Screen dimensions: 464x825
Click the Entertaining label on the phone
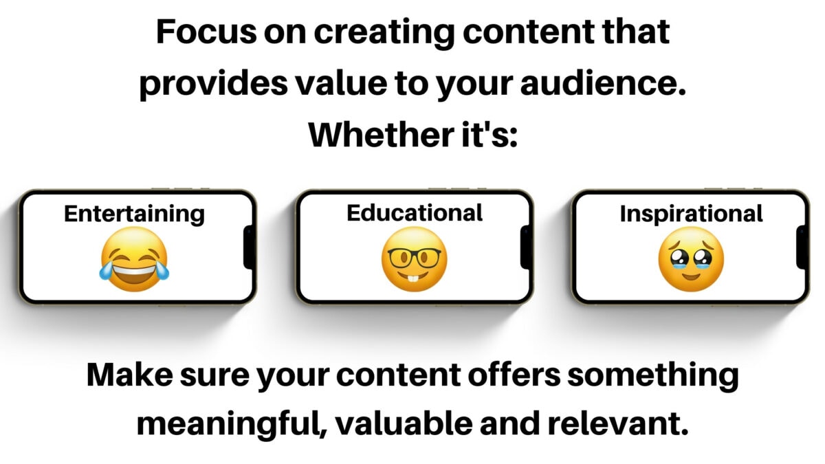click(134, 213)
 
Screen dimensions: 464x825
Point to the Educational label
click(415, 212)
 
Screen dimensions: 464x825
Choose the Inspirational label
click(691, 213)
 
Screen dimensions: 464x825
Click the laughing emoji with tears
click(134, 259)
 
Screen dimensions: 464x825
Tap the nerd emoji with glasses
click(414, 259)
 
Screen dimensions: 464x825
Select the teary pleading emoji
click(691, 259)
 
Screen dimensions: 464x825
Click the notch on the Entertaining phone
click(250, 247)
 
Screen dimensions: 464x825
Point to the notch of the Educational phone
click(527, 247)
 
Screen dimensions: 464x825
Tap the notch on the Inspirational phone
click(802, 247)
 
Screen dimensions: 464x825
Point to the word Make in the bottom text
click(130, 375)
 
